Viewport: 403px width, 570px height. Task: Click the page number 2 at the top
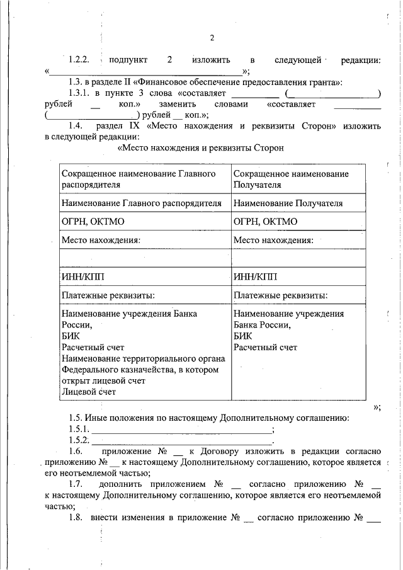click(212, 38)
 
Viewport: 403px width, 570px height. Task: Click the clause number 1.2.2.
click(79, 60)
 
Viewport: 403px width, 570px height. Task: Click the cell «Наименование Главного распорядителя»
click(142, 203)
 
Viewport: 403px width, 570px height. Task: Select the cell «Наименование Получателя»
click(288, 203)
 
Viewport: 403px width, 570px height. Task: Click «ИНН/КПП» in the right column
click(254, 276)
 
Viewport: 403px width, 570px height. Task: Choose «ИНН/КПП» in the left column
click(82, 276)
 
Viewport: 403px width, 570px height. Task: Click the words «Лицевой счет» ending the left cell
click(89, 392)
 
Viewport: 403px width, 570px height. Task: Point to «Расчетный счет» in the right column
click(265, 347)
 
